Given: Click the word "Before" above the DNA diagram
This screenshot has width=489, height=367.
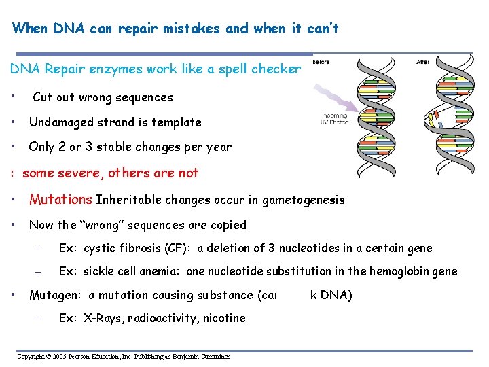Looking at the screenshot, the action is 321,62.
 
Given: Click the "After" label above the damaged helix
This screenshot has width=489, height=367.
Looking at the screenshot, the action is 422,62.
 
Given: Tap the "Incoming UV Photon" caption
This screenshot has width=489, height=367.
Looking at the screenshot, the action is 335,120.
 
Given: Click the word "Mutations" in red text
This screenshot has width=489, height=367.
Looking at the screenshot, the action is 60,200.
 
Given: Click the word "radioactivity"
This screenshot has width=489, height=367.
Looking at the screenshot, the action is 162,318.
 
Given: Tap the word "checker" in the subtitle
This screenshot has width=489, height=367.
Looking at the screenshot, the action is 276,69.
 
